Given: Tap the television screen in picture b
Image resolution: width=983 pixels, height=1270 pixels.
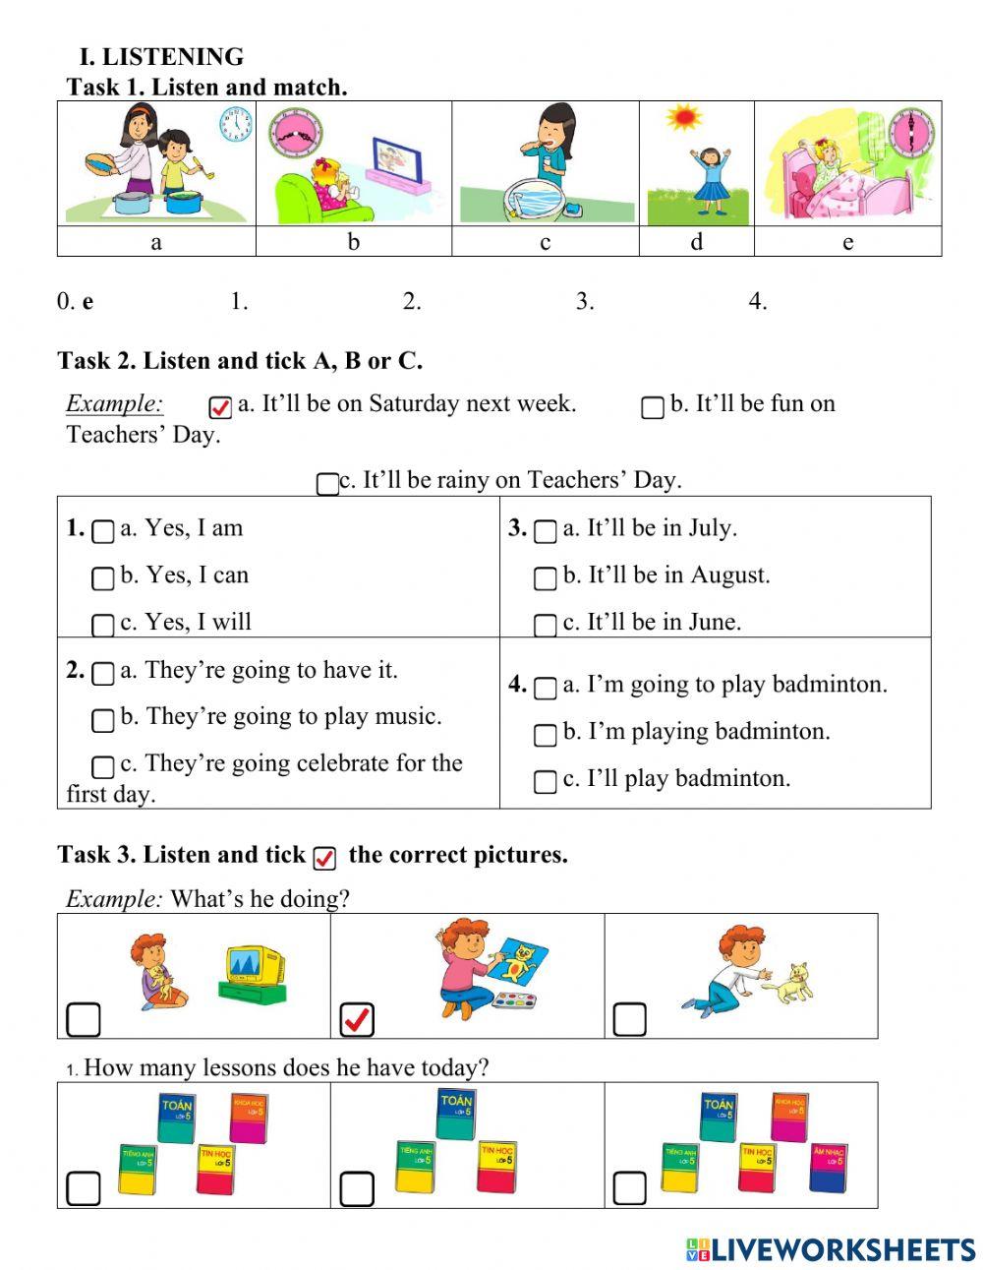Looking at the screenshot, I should pos(396,157).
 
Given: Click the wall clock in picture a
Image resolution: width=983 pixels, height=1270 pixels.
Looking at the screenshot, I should pos(236,125).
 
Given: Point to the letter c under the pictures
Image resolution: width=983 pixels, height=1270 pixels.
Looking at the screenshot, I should pos(546,242).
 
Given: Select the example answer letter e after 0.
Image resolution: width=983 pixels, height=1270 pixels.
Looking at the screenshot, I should pos(88,302).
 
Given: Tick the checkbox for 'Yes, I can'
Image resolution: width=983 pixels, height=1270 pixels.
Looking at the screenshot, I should pos(102,578).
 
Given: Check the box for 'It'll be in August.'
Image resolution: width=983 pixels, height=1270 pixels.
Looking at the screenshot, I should pos(545,578).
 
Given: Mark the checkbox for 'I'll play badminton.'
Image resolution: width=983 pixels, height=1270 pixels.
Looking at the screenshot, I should pos(545,782).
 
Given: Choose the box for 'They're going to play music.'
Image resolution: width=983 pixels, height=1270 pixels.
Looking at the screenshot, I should pos(102,720).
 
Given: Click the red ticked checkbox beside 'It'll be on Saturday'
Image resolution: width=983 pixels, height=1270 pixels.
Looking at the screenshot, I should pos(220,407).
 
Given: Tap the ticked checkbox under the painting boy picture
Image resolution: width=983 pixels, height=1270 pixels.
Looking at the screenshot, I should pos(357,1020).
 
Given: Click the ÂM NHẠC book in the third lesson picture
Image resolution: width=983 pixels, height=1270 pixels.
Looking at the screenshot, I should pos(828,1167).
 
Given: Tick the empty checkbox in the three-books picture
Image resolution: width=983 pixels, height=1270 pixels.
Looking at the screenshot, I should pos(357,1189).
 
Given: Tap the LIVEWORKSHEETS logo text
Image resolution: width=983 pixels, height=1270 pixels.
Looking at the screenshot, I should pos(842,1249).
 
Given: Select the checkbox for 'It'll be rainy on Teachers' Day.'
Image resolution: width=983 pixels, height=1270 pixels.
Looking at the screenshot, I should pos(327,484).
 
